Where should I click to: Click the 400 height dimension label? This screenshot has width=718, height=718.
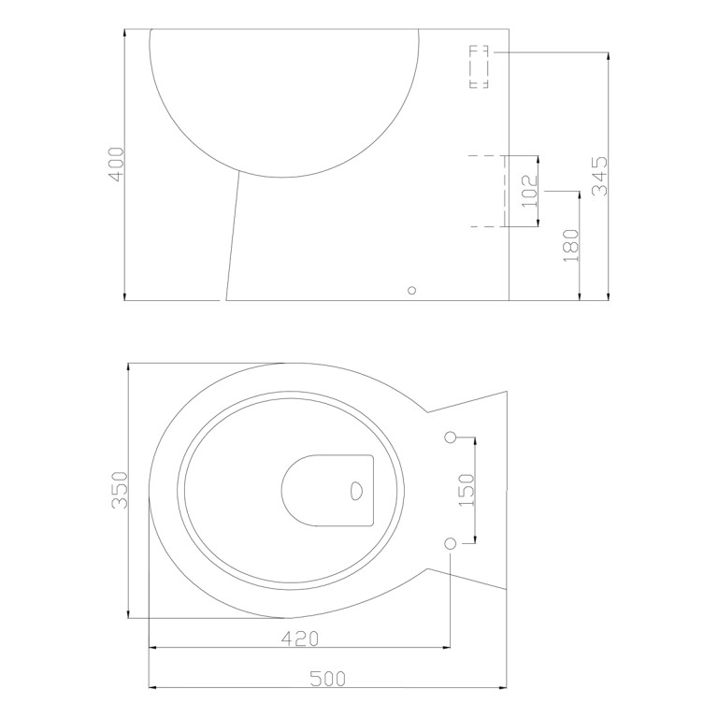point(117,165)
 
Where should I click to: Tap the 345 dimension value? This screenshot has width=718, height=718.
point(599,177)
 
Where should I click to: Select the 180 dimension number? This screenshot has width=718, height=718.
point(571,246)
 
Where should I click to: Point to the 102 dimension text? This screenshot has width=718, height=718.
point(529,191)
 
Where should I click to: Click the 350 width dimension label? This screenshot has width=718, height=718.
point(119,490)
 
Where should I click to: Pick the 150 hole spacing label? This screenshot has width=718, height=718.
point(467,490)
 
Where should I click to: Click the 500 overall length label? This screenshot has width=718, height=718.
point(328,678)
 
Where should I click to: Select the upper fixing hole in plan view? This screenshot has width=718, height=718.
point(451,438)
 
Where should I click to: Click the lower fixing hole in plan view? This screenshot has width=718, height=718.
point(451,543)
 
